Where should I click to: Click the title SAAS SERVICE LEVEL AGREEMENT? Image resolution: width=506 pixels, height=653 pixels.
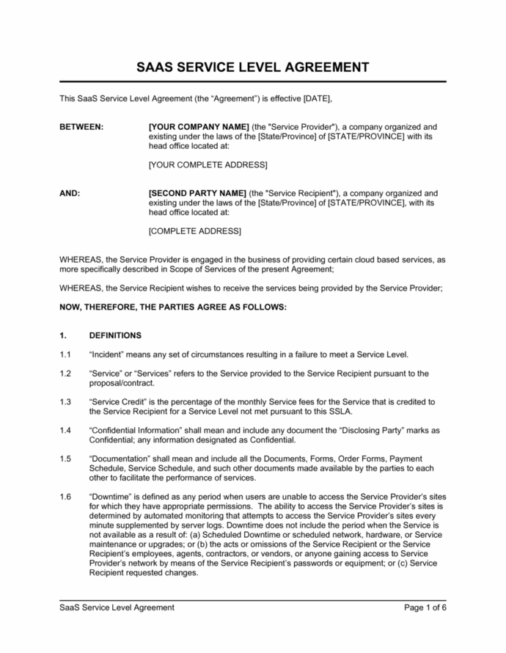pyautogui.click(x=252, y=68)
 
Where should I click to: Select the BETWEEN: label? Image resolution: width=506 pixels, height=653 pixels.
pyautogui.click(x=81, y=127)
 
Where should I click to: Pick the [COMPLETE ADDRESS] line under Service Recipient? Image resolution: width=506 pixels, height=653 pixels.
pyautogui.click(x=194, y=231)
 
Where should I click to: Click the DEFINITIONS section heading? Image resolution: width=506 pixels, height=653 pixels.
pyautogui.click(x=114, y=335)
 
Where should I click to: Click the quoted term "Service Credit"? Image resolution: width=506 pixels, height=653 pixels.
pyautogui.click(x=122, y=402)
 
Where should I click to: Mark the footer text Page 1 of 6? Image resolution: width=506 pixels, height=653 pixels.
pyautogui.click(x=425, y=608)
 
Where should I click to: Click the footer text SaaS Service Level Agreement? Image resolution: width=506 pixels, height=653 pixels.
pyautogui.click(x=117, y=608)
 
